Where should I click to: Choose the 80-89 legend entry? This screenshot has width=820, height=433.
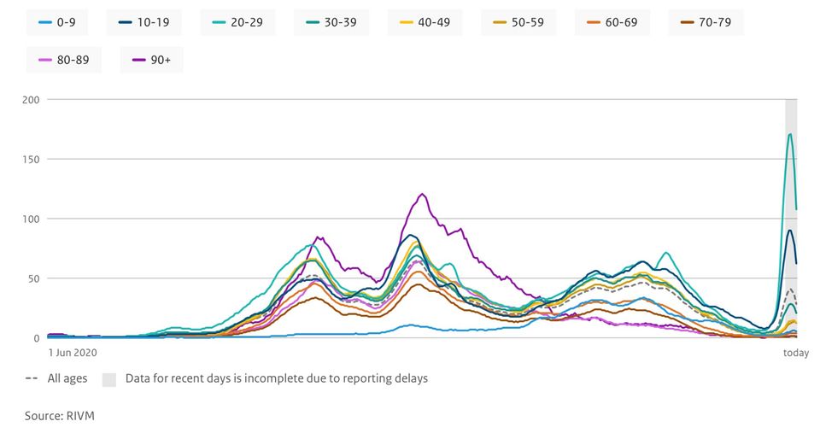click(x=63, y=61)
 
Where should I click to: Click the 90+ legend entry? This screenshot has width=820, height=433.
click(x=153, y=61)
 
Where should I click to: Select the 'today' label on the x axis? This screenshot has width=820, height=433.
click(x=795, y=352)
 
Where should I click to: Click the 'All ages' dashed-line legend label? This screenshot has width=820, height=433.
click(x=67, y=378)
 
